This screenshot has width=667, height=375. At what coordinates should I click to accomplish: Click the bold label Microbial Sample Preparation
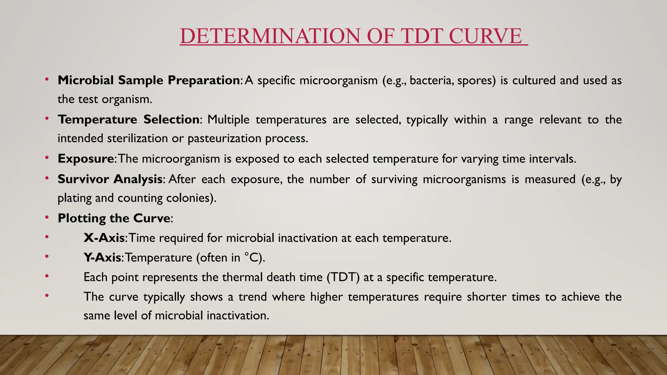click(149, 80)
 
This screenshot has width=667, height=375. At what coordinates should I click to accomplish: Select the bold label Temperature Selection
click(129, 119)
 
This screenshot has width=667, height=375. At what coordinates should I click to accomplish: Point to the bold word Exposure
click(86, 159)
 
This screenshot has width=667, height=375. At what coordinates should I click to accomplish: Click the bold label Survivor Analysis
click(110, 179)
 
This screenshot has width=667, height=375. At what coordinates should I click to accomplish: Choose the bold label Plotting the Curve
click(114, 218)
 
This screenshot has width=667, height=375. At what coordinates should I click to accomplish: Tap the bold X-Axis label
click(104, 238)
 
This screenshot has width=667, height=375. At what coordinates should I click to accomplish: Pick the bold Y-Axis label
click(102, 257)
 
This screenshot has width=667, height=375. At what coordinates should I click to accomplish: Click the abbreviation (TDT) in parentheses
click(343, 277)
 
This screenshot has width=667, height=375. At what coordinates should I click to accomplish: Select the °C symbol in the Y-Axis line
click(251, 257)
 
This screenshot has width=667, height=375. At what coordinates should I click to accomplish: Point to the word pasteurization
click(225, 139)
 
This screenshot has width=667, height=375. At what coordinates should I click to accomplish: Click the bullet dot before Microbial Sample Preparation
click(47, 79)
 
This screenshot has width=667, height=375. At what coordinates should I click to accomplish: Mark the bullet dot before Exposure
click(47, 158)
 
